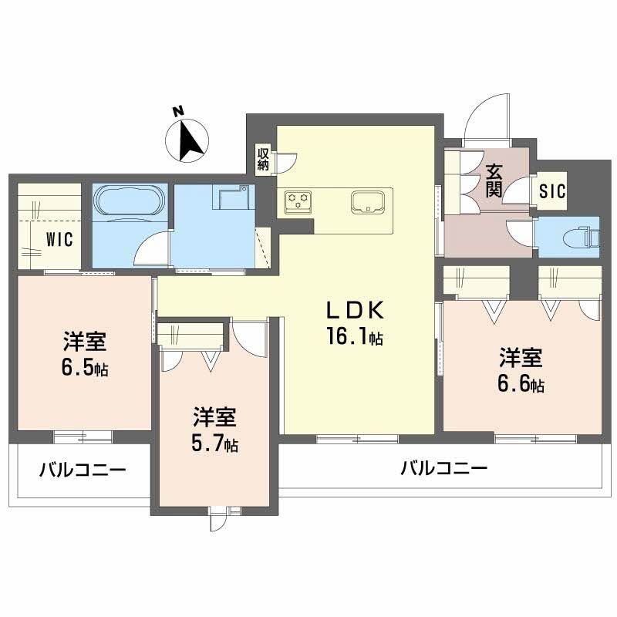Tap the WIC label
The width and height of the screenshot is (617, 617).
click(x=59, y=239)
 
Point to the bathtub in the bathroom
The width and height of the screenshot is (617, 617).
click(x=129, y=203)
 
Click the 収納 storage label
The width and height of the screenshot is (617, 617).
click(x=263, y=158)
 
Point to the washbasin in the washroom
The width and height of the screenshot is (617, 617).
click(x=232, y=200)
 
